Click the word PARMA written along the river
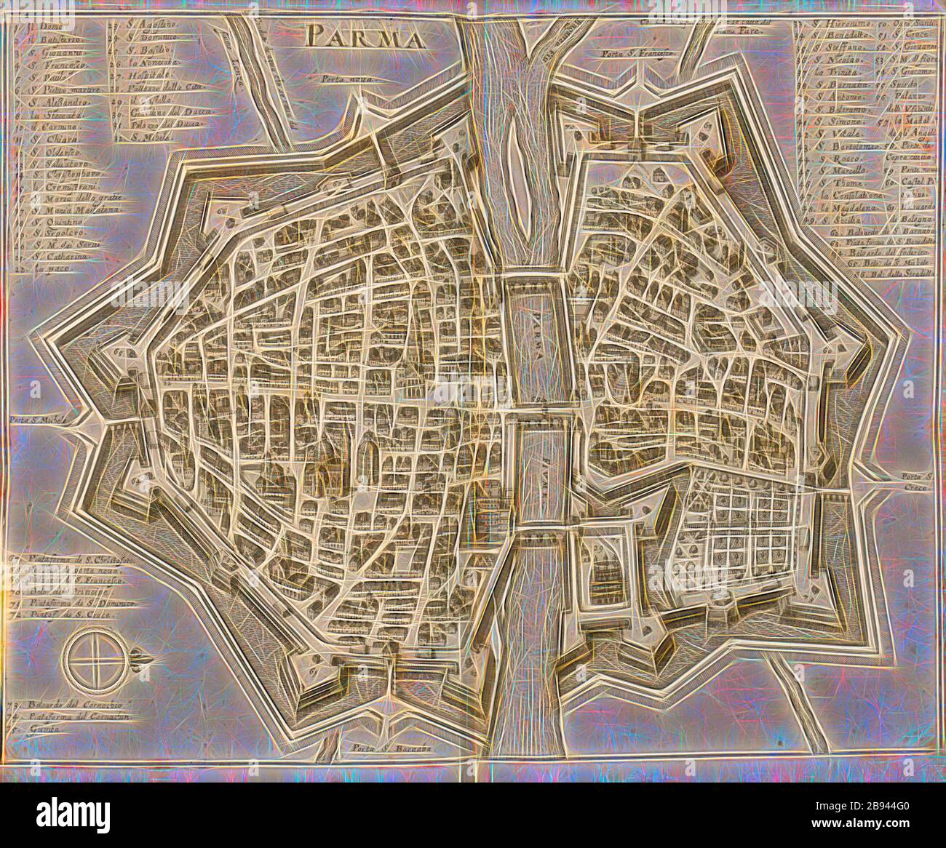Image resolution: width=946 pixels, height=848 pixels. (538, 332)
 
